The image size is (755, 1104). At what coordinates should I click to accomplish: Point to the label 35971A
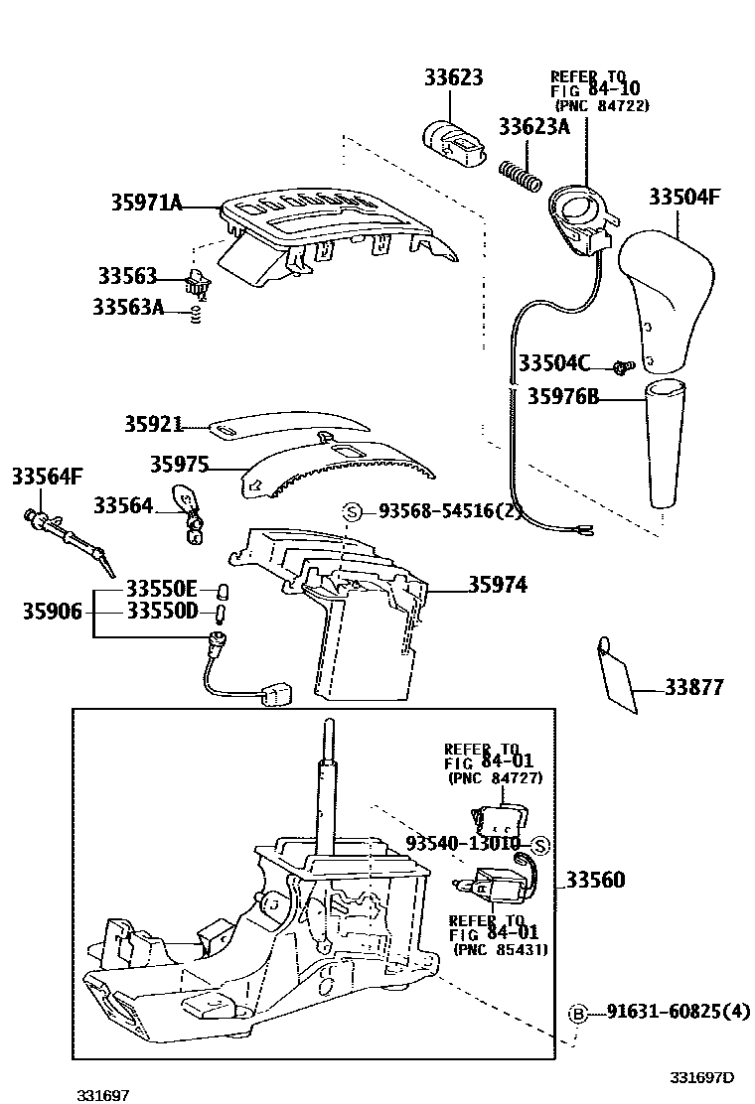pyautogui.click(x=147, y=205)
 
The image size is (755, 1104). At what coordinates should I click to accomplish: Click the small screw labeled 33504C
pyautogui.click(x=621, y=365)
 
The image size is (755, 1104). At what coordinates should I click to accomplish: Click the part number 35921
pyautogui.click(x=154, y=424)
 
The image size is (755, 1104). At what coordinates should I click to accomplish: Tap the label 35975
pyautogui.click(x=180, y=465)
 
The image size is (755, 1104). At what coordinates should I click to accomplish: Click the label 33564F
pyautogui.click(x=47, y=477)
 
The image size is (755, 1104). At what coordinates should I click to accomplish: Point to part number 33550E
pyautogui.click(x=162, y=588)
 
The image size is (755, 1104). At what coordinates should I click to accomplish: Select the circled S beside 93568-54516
pyautogui.click(x=352, y=511)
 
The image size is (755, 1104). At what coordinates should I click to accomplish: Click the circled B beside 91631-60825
pyautogui.click(x=577, y=1013)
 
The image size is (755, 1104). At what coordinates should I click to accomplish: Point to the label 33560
pyautogui.click(x=596, y=880)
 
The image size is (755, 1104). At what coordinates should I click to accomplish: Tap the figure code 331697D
pyautogui.click(x=700, y=1078)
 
